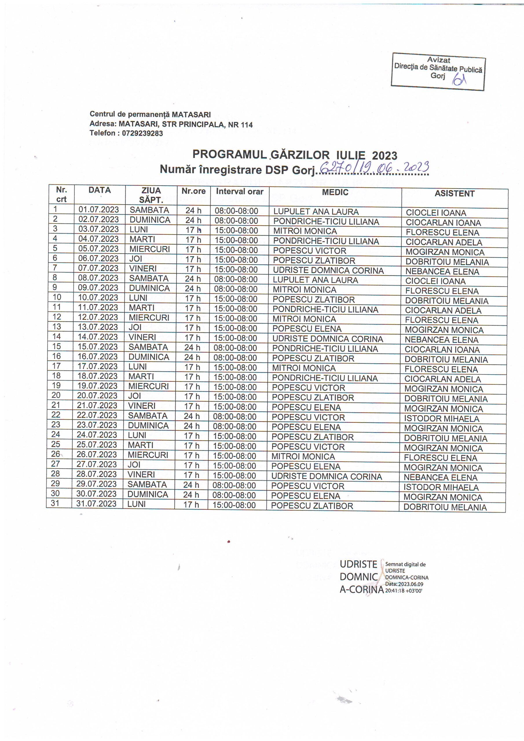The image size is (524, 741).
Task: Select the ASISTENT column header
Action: point(454,194)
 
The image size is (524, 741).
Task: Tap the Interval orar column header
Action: point(239,191)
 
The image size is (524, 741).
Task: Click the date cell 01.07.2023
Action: point(98,210)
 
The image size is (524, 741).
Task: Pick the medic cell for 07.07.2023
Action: point(328,270)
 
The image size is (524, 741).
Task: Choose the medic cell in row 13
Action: point(307,329)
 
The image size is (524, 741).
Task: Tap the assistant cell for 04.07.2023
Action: point(444,242)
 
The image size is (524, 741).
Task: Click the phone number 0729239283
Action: point(142,133)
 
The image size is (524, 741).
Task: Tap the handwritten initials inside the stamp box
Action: point(459,78)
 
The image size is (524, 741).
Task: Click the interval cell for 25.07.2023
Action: point(235,446)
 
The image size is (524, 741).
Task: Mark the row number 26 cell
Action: point(56,454)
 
